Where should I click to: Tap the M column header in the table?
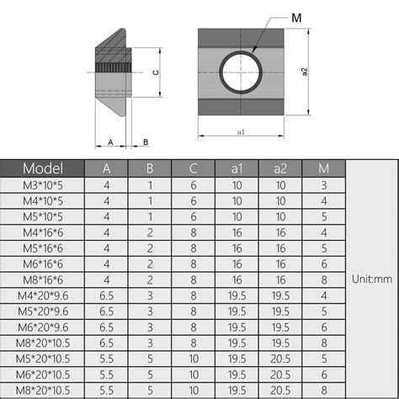[324, 168]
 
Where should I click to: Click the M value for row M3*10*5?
[324, 184]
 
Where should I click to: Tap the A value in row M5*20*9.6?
[106, 311]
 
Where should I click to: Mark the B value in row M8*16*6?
[149, 279]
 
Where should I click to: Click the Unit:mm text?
[371, 279]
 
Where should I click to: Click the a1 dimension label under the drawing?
[241, 132]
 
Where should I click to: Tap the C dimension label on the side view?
[155, 72]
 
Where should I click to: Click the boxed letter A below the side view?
[110, 141]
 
